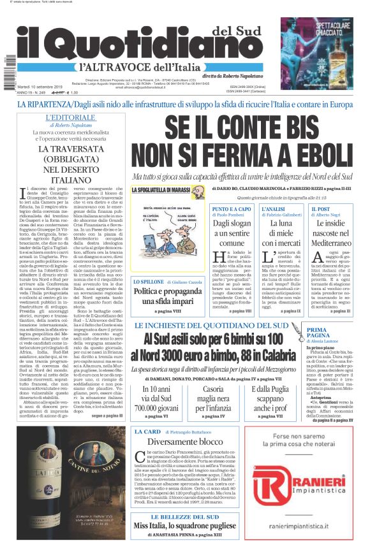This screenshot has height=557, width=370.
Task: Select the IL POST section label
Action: (x=323, y=208)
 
